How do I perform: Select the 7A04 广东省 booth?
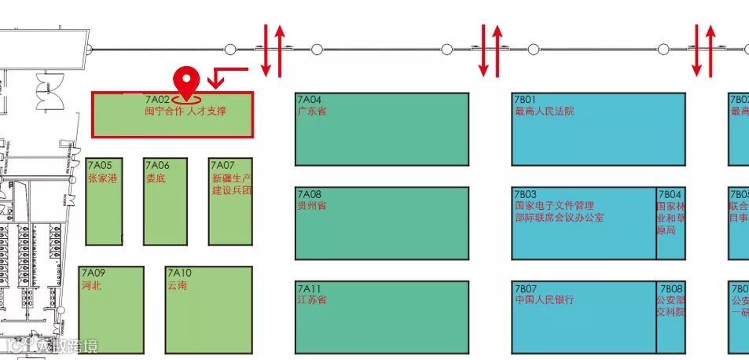(x=382, y=130)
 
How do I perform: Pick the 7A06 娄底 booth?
(x=165, y=201)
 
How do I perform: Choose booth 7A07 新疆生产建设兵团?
(x=230, y=201)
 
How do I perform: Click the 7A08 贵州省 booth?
(x=382, y=222)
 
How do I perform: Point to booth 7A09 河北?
(x=112, y=310)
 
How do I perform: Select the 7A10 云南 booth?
(x=209, y=310)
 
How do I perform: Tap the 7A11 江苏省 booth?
(x=382, y=317)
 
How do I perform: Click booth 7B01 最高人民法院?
(x=598, y=130)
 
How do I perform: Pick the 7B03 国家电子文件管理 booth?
(x=584, y=222)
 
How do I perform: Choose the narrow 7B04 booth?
(x=670, y=222)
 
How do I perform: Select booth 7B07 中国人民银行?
(x=584, y=317)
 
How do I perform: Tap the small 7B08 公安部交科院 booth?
(x=670, y=317)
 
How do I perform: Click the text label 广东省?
(x=312, y=112)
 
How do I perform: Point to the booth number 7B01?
(x=525, y=100)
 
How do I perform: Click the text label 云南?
(x=177, y=285)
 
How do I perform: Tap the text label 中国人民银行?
(x=545, y=299)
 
